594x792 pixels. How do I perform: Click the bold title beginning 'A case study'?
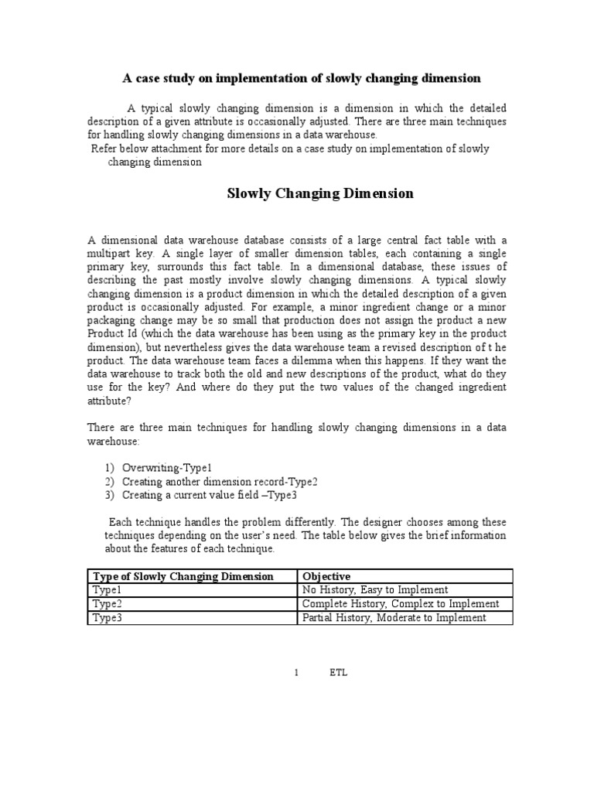(302, 78)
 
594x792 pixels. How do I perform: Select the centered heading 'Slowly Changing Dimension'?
(320, 193)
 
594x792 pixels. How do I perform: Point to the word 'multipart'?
(112, 254)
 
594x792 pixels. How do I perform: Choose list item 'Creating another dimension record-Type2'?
(220, 481)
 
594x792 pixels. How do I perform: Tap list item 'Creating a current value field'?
(209, 495)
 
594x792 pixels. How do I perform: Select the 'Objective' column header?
(326, 576)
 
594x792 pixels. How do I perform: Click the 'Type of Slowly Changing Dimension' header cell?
(183, 576)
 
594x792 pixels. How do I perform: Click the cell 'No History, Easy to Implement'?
(375, 589)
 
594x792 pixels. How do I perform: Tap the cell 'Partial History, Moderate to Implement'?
(394, 617)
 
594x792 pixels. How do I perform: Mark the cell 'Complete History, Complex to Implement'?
(401, 603)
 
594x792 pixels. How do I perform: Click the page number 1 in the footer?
(296, 673)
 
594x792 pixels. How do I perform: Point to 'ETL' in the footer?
(339, 673)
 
